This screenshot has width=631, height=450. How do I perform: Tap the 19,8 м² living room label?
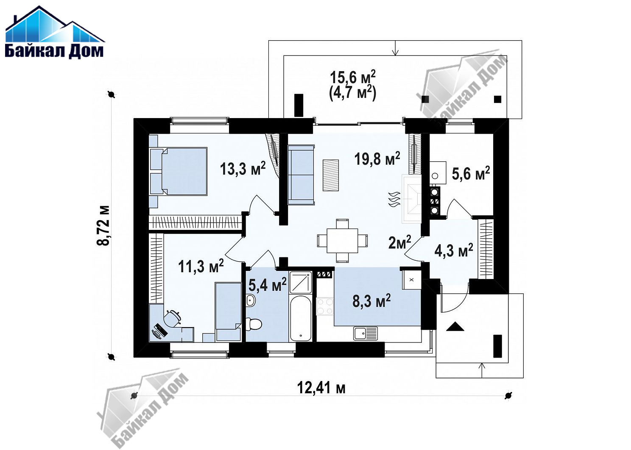pos(377,158)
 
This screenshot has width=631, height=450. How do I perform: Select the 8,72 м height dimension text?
pos(103,226)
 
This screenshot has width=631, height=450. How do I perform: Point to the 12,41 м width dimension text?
pos(321,388)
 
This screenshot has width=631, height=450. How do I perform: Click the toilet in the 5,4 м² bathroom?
pos(254,324)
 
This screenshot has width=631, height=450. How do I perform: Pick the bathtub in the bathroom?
pos(301,318)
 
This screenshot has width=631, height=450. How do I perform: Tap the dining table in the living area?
pos(342,240)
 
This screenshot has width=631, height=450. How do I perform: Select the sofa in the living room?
pos(301,175)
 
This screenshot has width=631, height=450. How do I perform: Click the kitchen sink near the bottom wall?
pos(366,334)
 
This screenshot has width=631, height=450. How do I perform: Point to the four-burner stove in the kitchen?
pos(325,306)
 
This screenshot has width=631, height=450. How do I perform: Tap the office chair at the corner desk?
pos(173,318)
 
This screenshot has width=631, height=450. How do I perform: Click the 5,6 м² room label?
pos(471,173)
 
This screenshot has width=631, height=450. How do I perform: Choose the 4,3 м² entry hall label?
pos(454,250)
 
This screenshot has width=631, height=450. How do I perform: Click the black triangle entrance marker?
pos(455,326)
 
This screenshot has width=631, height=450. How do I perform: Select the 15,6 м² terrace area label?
pos(352,77)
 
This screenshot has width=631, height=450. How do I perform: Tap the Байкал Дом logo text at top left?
pos(54,51)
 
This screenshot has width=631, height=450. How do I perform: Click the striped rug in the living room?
pos(331,175)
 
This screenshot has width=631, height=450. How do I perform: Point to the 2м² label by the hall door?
pos(399,242)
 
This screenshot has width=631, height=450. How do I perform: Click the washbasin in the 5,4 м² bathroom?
pos(251,301)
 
